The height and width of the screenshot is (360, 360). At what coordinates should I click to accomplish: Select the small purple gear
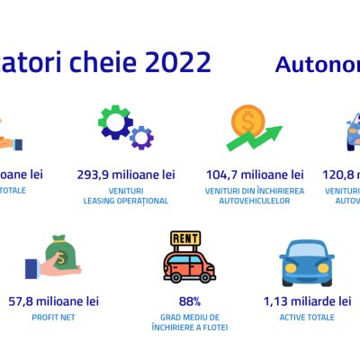(140, 137)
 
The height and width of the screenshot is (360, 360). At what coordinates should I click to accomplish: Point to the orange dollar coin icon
(247, 121)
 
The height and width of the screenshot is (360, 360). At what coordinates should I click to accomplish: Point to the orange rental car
(189, 266)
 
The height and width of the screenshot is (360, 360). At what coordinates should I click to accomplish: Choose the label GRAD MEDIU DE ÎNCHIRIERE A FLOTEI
(190, 322)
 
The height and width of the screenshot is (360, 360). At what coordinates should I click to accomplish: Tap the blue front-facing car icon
(311, 263)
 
